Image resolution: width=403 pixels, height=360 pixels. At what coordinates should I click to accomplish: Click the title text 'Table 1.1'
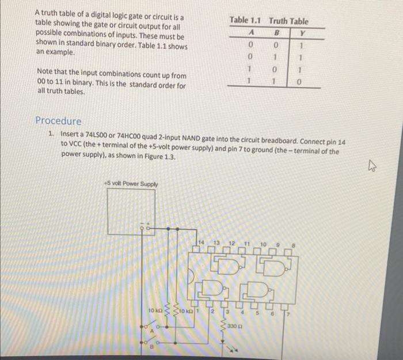coord(245,21)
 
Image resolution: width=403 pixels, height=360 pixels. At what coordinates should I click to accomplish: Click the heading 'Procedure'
coord(58,121)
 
